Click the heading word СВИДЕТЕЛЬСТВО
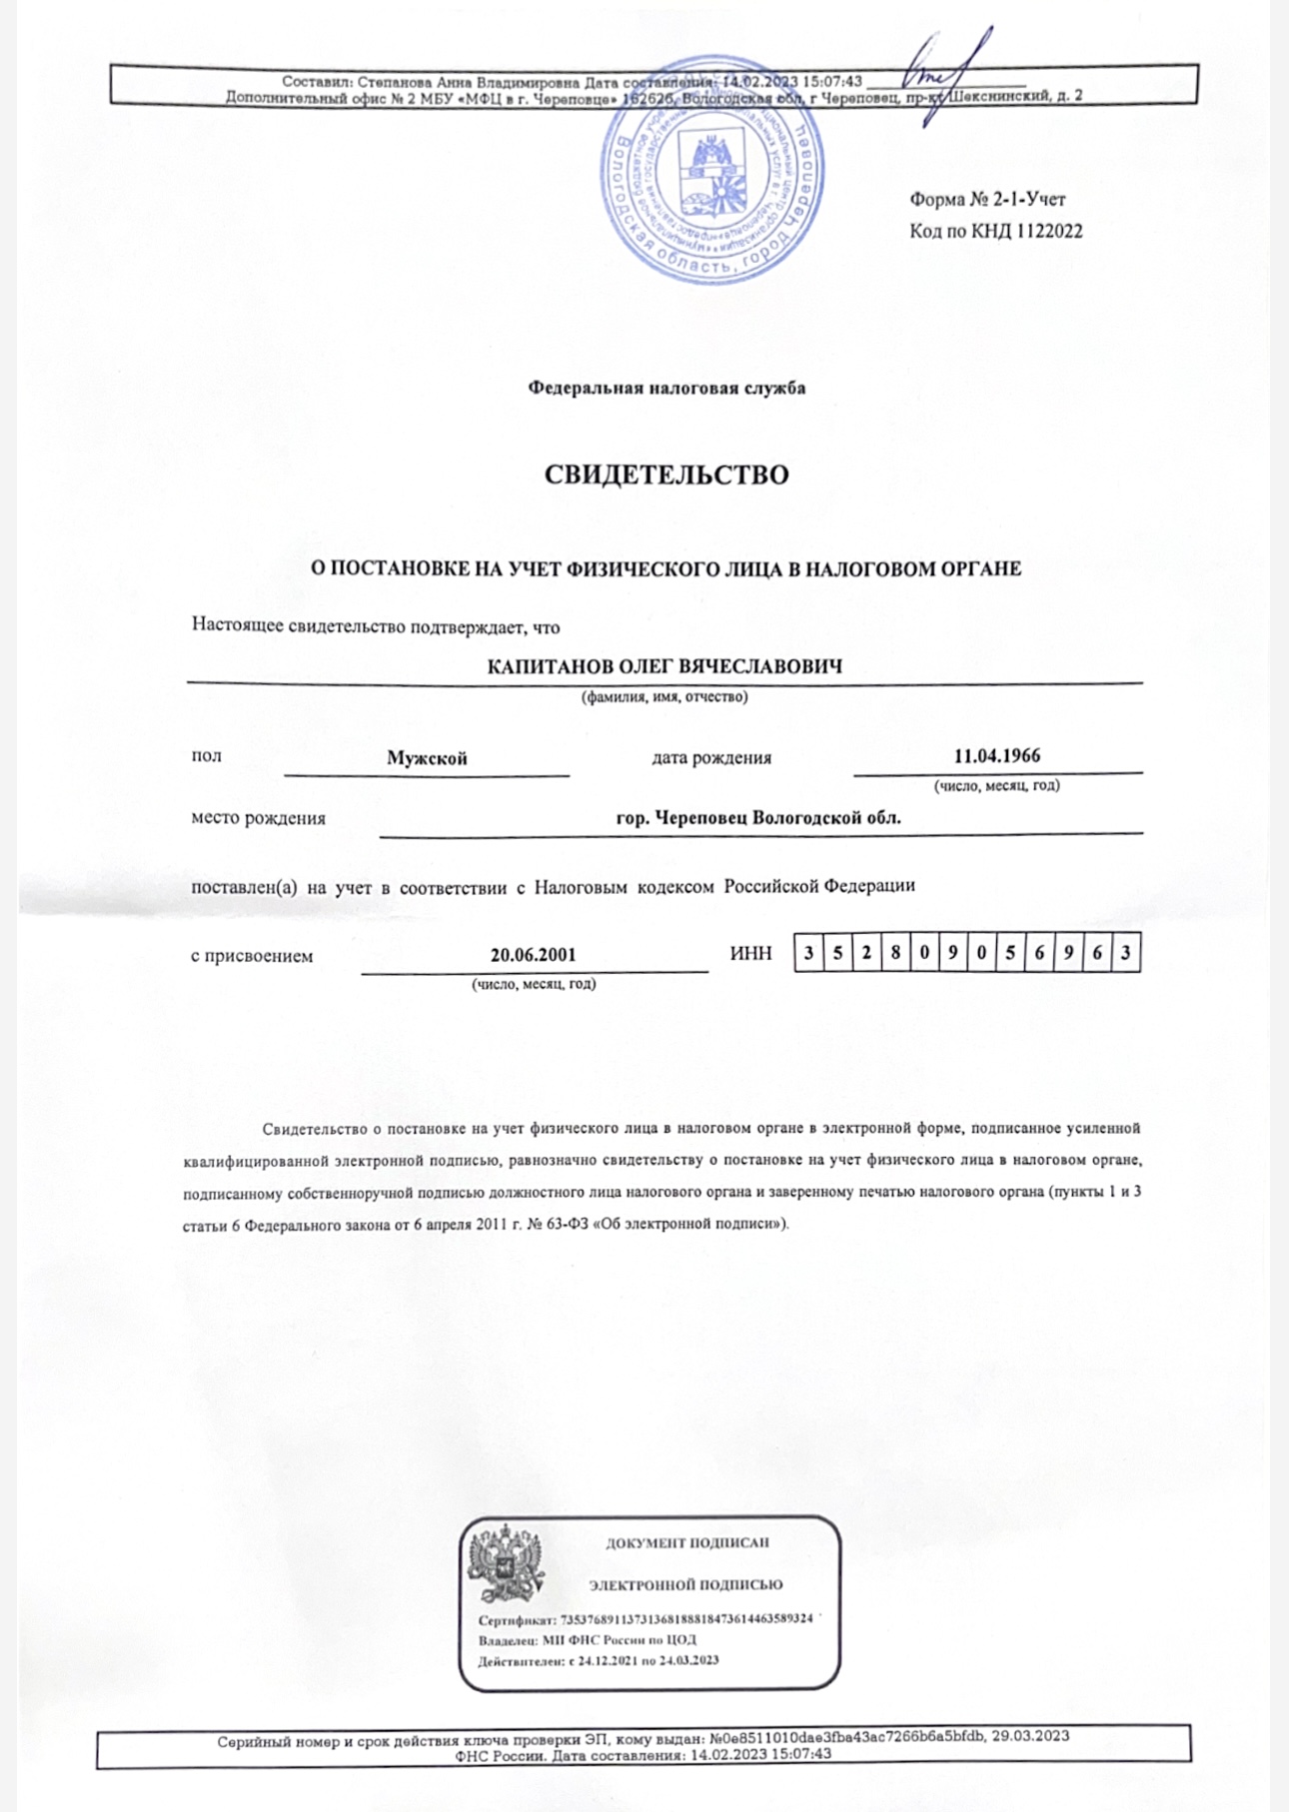665,474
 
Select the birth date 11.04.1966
996,755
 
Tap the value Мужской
427,758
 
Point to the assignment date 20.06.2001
533,954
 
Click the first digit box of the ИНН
808,953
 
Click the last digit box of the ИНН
1126,953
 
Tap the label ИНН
750,954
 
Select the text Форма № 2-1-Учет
986,200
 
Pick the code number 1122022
1049,232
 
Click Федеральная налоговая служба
666,388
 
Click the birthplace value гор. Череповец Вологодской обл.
758,817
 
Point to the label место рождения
258,818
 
